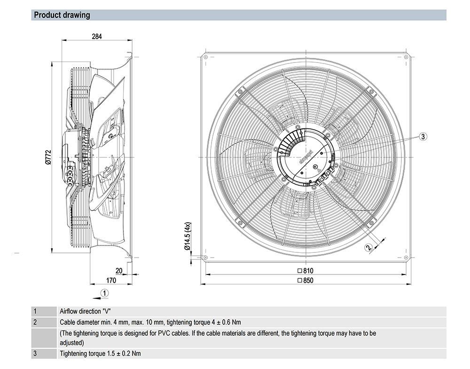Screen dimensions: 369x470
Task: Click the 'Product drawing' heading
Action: (62, 15)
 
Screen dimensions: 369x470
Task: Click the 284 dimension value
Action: (97, 36)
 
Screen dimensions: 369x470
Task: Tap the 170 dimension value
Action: (110, 281)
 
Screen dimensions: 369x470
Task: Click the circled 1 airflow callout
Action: (105, 292)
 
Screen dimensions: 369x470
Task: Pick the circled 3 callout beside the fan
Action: (423, 136)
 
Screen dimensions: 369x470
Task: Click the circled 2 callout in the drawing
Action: (369, 246)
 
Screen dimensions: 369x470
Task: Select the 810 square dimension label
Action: (305, 271)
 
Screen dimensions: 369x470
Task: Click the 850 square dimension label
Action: (305, 281)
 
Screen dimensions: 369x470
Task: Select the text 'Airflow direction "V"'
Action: (87, 311)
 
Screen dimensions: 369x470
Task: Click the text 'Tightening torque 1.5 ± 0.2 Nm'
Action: (100, 353)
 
